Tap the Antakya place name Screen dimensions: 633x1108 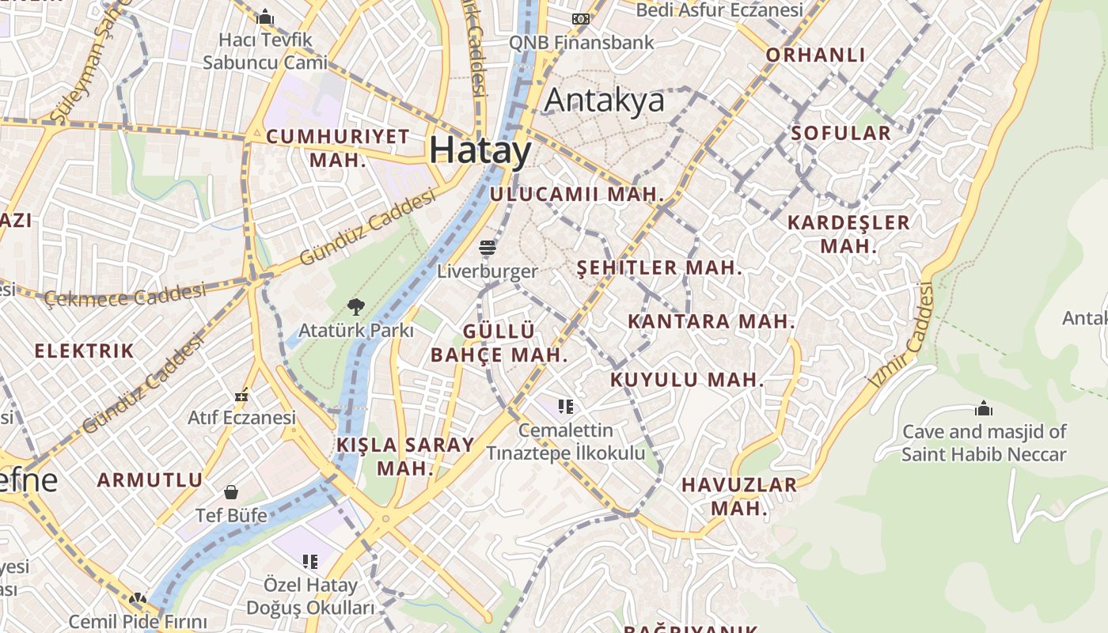[605, 101]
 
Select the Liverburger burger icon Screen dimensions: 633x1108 [487, 248]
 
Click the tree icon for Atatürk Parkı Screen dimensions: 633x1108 [356, 307]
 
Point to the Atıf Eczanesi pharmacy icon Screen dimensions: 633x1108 [242, 394]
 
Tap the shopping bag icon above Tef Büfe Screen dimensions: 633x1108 [231, 492]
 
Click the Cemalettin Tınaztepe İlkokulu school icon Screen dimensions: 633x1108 [565, 407]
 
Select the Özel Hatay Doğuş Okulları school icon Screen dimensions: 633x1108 [309, 562]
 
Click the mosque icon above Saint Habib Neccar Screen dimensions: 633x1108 [984, 408]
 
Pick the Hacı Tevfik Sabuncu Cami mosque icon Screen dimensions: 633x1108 [265, 16]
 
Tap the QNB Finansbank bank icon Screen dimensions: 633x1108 [581, 19]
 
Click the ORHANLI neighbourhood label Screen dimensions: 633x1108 [815, 55]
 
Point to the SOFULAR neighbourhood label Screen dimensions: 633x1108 [841, 133]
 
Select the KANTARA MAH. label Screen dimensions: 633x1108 [711, 322]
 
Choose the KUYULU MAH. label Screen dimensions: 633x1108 [687, 380]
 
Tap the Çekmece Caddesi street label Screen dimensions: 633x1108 [125, 297]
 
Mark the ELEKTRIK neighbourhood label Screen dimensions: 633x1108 [84, 351]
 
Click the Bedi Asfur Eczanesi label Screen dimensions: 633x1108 [719, 10]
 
